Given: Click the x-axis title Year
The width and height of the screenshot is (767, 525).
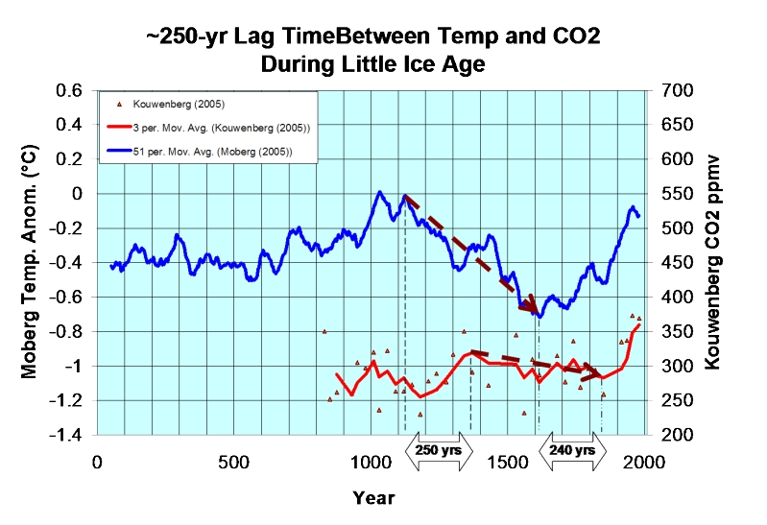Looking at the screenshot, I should coord(372,498).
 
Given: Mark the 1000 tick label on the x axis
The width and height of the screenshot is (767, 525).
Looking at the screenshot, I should coord(372,462).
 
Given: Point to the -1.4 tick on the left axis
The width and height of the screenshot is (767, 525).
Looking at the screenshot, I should coord(67,435).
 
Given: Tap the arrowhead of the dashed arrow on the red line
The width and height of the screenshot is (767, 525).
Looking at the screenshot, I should coord(600,374).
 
